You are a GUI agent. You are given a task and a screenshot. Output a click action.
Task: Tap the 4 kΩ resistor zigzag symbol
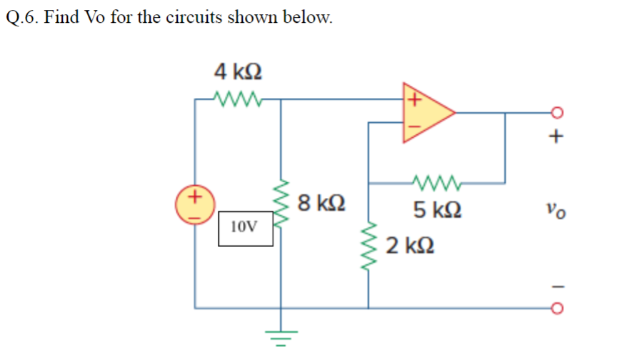coord(238,98)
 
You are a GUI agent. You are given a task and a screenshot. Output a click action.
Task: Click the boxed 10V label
coord(246,228)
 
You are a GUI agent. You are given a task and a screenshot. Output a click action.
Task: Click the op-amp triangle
coord(425,112)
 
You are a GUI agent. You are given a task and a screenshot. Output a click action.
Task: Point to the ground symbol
coord(280,334)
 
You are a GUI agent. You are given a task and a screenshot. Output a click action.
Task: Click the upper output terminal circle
coord(558,112)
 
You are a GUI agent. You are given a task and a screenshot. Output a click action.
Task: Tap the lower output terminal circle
coord(558,309)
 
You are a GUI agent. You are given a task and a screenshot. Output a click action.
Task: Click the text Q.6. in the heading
coord(21,18)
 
